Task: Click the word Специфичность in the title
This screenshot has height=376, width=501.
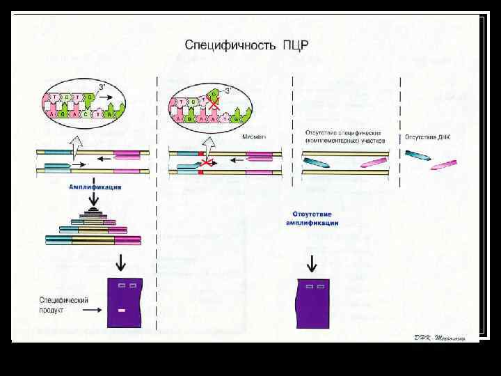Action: [x=230, y=45]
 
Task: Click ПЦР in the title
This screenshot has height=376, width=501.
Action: [x=294, y=45]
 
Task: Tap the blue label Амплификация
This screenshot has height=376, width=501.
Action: [x=95, y=187]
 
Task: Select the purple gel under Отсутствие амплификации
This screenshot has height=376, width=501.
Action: [x=312, y=303]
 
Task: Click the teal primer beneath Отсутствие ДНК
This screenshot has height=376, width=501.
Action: [x=419, y=157]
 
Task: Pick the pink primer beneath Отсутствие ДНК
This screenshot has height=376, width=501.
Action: [x=443, y=165]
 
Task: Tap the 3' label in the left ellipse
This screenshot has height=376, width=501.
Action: [x=102, y=88]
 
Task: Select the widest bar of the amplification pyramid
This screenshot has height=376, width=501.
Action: [x=93, y=241]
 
